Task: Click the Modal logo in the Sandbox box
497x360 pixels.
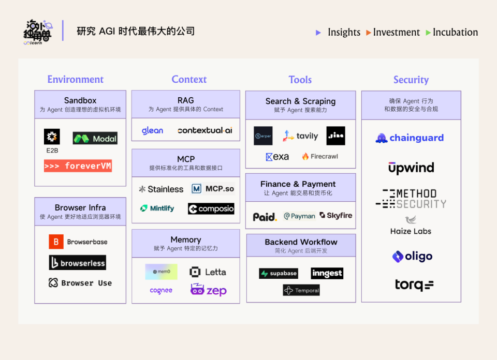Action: click(95, 139)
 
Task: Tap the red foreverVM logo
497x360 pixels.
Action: click(78, 166)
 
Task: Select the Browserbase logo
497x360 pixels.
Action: click(78, 242)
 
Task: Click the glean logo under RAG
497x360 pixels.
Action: click(152, 131)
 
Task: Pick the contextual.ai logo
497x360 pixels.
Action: click(205, 131)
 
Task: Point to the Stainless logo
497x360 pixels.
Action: click(161, 189)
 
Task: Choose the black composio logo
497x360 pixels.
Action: click(211, 209)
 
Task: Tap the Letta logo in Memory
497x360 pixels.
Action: click(208, 272)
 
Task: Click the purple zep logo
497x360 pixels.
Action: click(208, 290)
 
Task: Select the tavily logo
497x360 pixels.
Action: click(300, 136)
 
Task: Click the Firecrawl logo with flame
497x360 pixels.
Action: click(320, 157)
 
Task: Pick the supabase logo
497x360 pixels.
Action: click(279, 273)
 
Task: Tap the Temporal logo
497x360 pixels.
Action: click(301, 291)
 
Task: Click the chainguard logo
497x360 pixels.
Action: click(410, 138)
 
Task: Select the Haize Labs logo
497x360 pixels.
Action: click(411, 226)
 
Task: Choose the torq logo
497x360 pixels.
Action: click(414, 284)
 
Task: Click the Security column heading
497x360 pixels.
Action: click(411, 80)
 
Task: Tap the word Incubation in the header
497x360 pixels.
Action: click(455, 32)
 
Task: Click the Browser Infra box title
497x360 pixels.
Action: click(80, 207)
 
